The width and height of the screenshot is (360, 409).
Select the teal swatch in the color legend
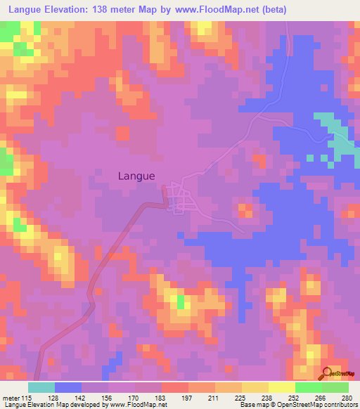pyautogui.click(x=41, y=388)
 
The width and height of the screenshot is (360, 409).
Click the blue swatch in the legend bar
pyautogui.click(x=68, y=388)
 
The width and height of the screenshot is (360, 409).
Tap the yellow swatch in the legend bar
pyautogui.click(x=255, y=388)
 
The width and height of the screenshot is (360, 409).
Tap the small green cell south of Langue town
pyautogui.click(x=180, y=301)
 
